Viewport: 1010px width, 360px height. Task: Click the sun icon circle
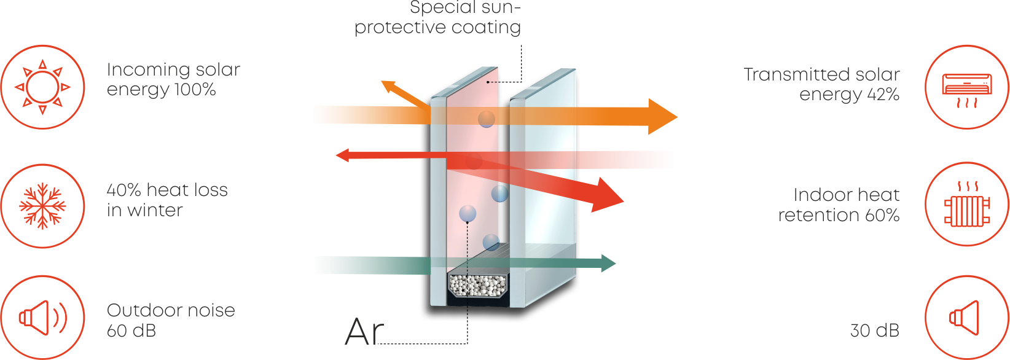(x=42, y=87)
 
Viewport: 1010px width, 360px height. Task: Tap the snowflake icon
(x=42, y=206)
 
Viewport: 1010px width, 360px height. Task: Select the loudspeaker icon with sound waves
(x=42, y=318)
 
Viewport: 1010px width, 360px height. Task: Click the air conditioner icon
(x=967, y=87)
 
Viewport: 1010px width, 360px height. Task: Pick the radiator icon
(x=967, y=205)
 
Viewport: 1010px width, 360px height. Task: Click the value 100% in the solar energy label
(x=195, y=90)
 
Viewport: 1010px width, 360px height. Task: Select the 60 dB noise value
(x=131, y=331)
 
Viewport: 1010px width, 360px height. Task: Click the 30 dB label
(x=874, y=331)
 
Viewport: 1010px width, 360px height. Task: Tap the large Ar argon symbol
(x=364, y=332)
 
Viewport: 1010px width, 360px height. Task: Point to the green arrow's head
(x=608, y=263)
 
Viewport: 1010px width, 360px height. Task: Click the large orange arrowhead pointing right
(x=662, y=116)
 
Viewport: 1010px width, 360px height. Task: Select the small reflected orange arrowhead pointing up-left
(x=389, y=87)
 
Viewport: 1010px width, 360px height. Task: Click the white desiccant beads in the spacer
(x=478, y=284)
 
